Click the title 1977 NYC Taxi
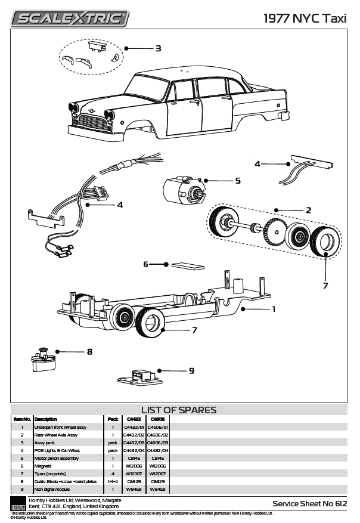pos(305,18)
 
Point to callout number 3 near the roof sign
pos(158,48)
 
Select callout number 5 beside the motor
pos(237,180)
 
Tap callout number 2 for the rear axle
pos(308,210)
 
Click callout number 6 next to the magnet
pos(145,264)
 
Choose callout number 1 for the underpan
pos(274,309)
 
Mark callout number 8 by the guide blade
pos(89,352)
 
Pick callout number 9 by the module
pos(191,370)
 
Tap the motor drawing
pos(181,191)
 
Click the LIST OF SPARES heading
pos(179,410)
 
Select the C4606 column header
pos(158,419)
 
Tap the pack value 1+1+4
pos(113,481)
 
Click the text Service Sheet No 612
pos(309,504)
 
